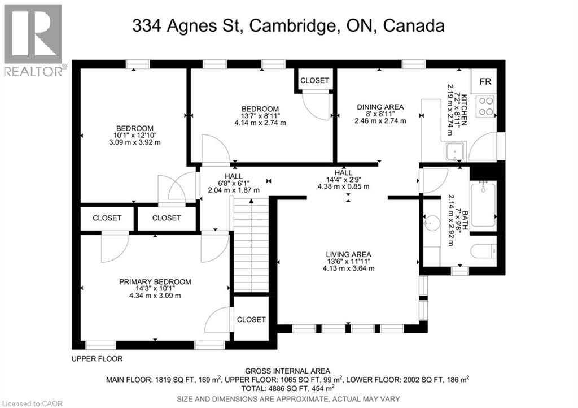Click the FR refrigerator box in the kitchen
point(485,82)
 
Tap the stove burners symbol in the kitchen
point(485,107)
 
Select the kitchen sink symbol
point(454,151)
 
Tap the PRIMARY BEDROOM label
point(155,282)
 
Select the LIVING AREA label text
point(348,254)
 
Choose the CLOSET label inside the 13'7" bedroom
point(314,81)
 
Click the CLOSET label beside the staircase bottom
point(251,319)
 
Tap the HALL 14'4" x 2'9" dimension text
point(343,180)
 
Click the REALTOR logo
point(33,40)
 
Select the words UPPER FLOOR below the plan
point(97,359)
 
